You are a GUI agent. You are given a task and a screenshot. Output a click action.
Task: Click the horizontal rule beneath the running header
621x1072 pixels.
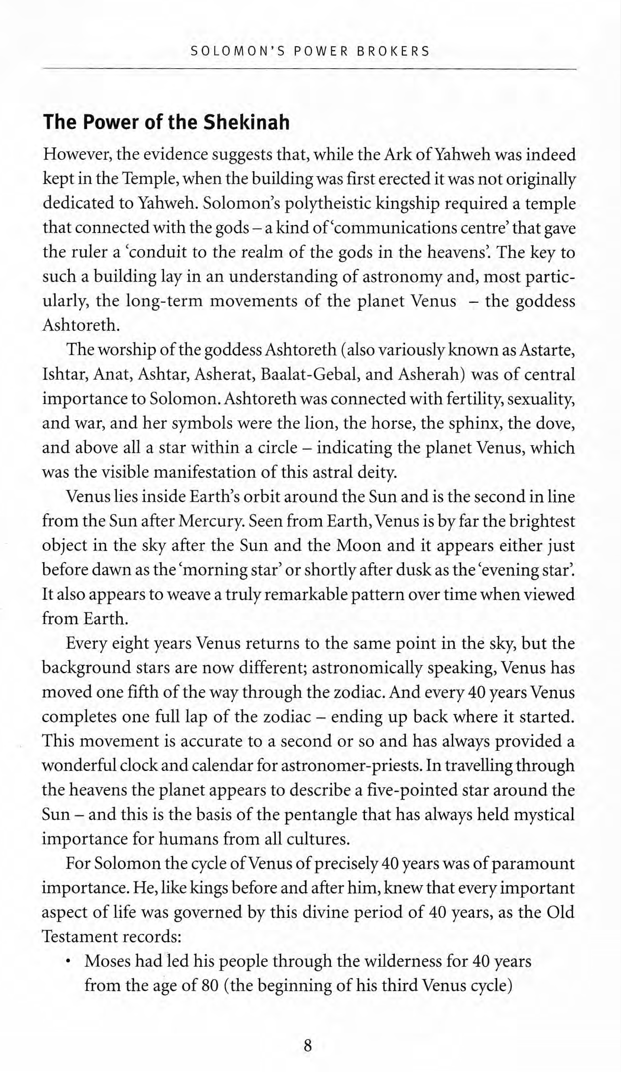pyautogui.click(x=309, y=68)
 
